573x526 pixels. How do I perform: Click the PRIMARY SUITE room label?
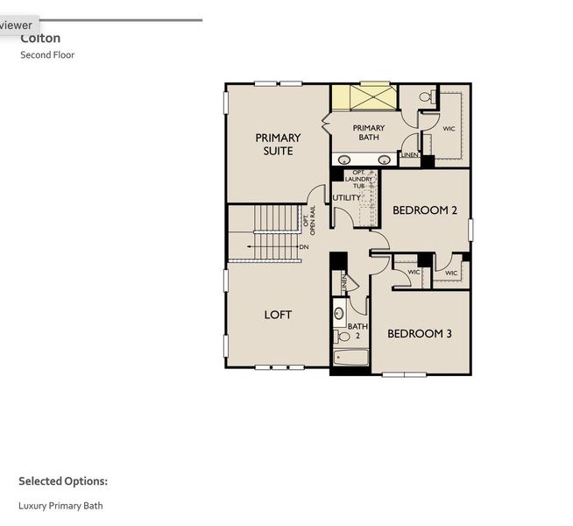278,144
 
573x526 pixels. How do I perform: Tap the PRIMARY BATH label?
368,132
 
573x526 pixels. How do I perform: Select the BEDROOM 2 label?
425,210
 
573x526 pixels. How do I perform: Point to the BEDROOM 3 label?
420,333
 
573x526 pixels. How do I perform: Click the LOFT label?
278,315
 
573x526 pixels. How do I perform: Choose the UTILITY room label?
346,198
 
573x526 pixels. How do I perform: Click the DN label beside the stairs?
304,247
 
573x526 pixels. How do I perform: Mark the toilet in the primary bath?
427,98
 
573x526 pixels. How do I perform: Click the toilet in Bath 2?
343,336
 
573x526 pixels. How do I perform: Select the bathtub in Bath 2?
351,358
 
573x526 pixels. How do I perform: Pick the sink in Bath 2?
339,313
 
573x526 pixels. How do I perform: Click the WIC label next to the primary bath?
449,129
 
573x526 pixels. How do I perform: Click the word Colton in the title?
40,39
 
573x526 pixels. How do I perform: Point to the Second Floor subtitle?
47,55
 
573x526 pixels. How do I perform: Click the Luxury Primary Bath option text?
60,506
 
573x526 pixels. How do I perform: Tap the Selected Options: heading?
63,481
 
